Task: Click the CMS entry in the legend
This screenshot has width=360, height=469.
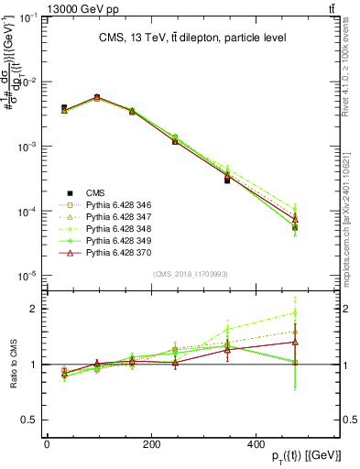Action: [x=95, y=192]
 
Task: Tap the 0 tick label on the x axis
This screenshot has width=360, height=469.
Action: [x=47, y=443]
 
